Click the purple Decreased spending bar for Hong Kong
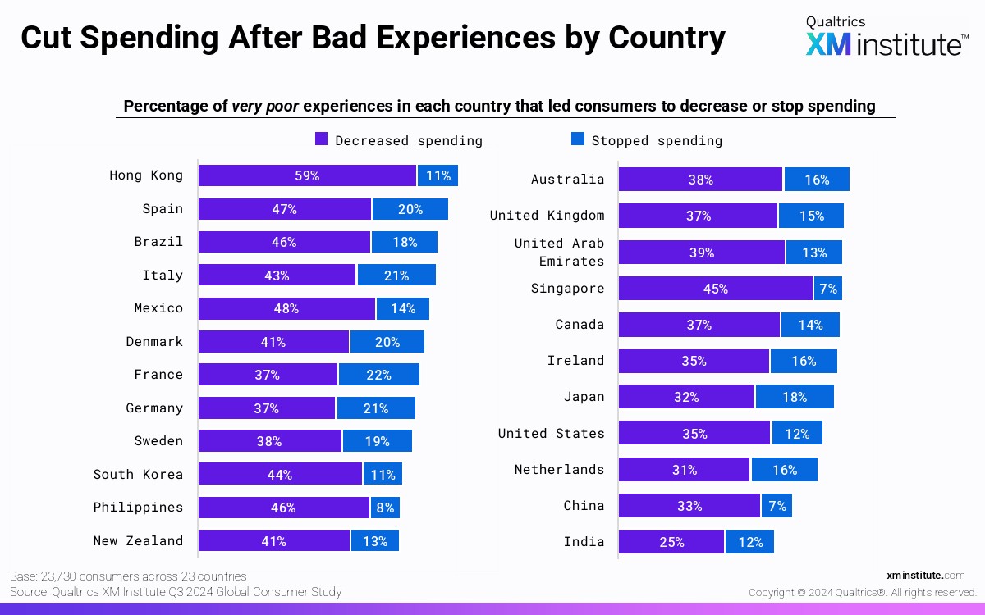point(307,175)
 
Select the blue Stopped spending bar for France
point(378,375)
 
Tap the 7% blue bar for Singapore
point(827,289)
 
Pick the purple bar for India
point(671,542)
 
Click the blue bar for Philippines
point(383,508)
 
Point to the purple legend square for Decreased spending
point(322,139)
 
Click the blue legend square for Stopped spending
point(578,139)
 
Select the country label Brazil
point(158,242)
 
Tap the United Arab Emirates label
point(559,252)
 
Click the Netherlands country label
point(559,470)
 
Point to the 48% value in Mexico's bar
point(286,309)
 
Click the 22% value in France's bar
point(378,375)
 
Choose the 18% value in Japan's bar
point(794,397)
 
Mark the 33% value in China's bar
point(689,506)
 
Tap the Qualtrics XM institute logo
point(886,37)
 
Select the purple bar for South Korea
point(280,474)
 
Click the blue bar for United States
point(796,433)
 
